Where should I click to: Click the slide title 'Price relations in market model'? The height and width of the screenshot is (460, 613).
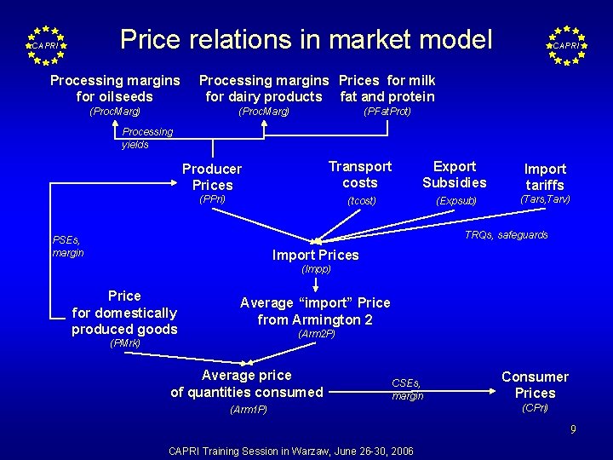(x=306, y=39)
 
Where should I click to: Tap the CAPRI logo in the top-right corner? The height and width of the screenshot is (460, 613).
(x=566, y=45)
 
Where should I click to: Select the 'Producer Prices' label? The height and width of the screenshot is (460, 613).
(x=212, y=177)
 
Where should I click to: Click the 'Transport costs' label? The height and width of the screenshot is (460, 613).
(x=360, y=175)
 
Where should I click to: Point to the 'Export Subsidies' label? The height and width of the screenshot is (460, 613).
(x=455, y=175)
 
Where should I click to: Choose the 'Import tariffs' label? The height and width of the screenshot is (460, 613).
(x=545, y=177)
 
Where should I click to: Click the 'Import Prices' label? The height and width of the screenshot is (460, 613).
(x=315, y=255)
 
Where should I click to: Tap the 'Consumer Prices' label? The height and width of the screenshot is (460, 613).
(x=535, y=385)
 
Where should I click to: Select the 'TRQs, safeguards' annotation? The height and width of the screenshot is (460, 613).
(x=506, y=235)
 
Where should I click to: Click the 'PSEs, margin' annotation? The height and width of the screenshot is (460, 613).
(x=68, y=246)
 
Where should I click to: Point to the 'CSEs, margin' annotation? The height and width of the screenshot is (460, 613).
(x=407, y=389)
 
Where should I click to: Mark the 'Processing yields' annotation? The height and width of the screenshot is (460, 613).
(x=146, y=138)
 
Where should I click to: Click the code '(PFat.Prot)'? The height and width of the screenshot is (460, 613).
(x=387, y=112)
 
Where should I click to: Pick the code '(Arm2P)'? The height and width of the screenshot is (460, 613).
(x=316, y=334)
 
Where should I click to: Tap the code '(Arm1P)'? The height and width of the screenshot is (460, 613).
(x=248, y=410)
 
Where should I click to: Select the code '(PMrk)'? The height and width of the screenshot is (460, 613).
(x=125, y=344)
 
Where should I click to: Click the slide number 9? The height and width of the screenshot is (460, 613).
(x=573, y=429)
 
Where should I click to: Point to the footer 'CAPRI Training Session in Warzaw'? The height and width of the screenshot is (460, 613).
(x=291, y=451)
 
